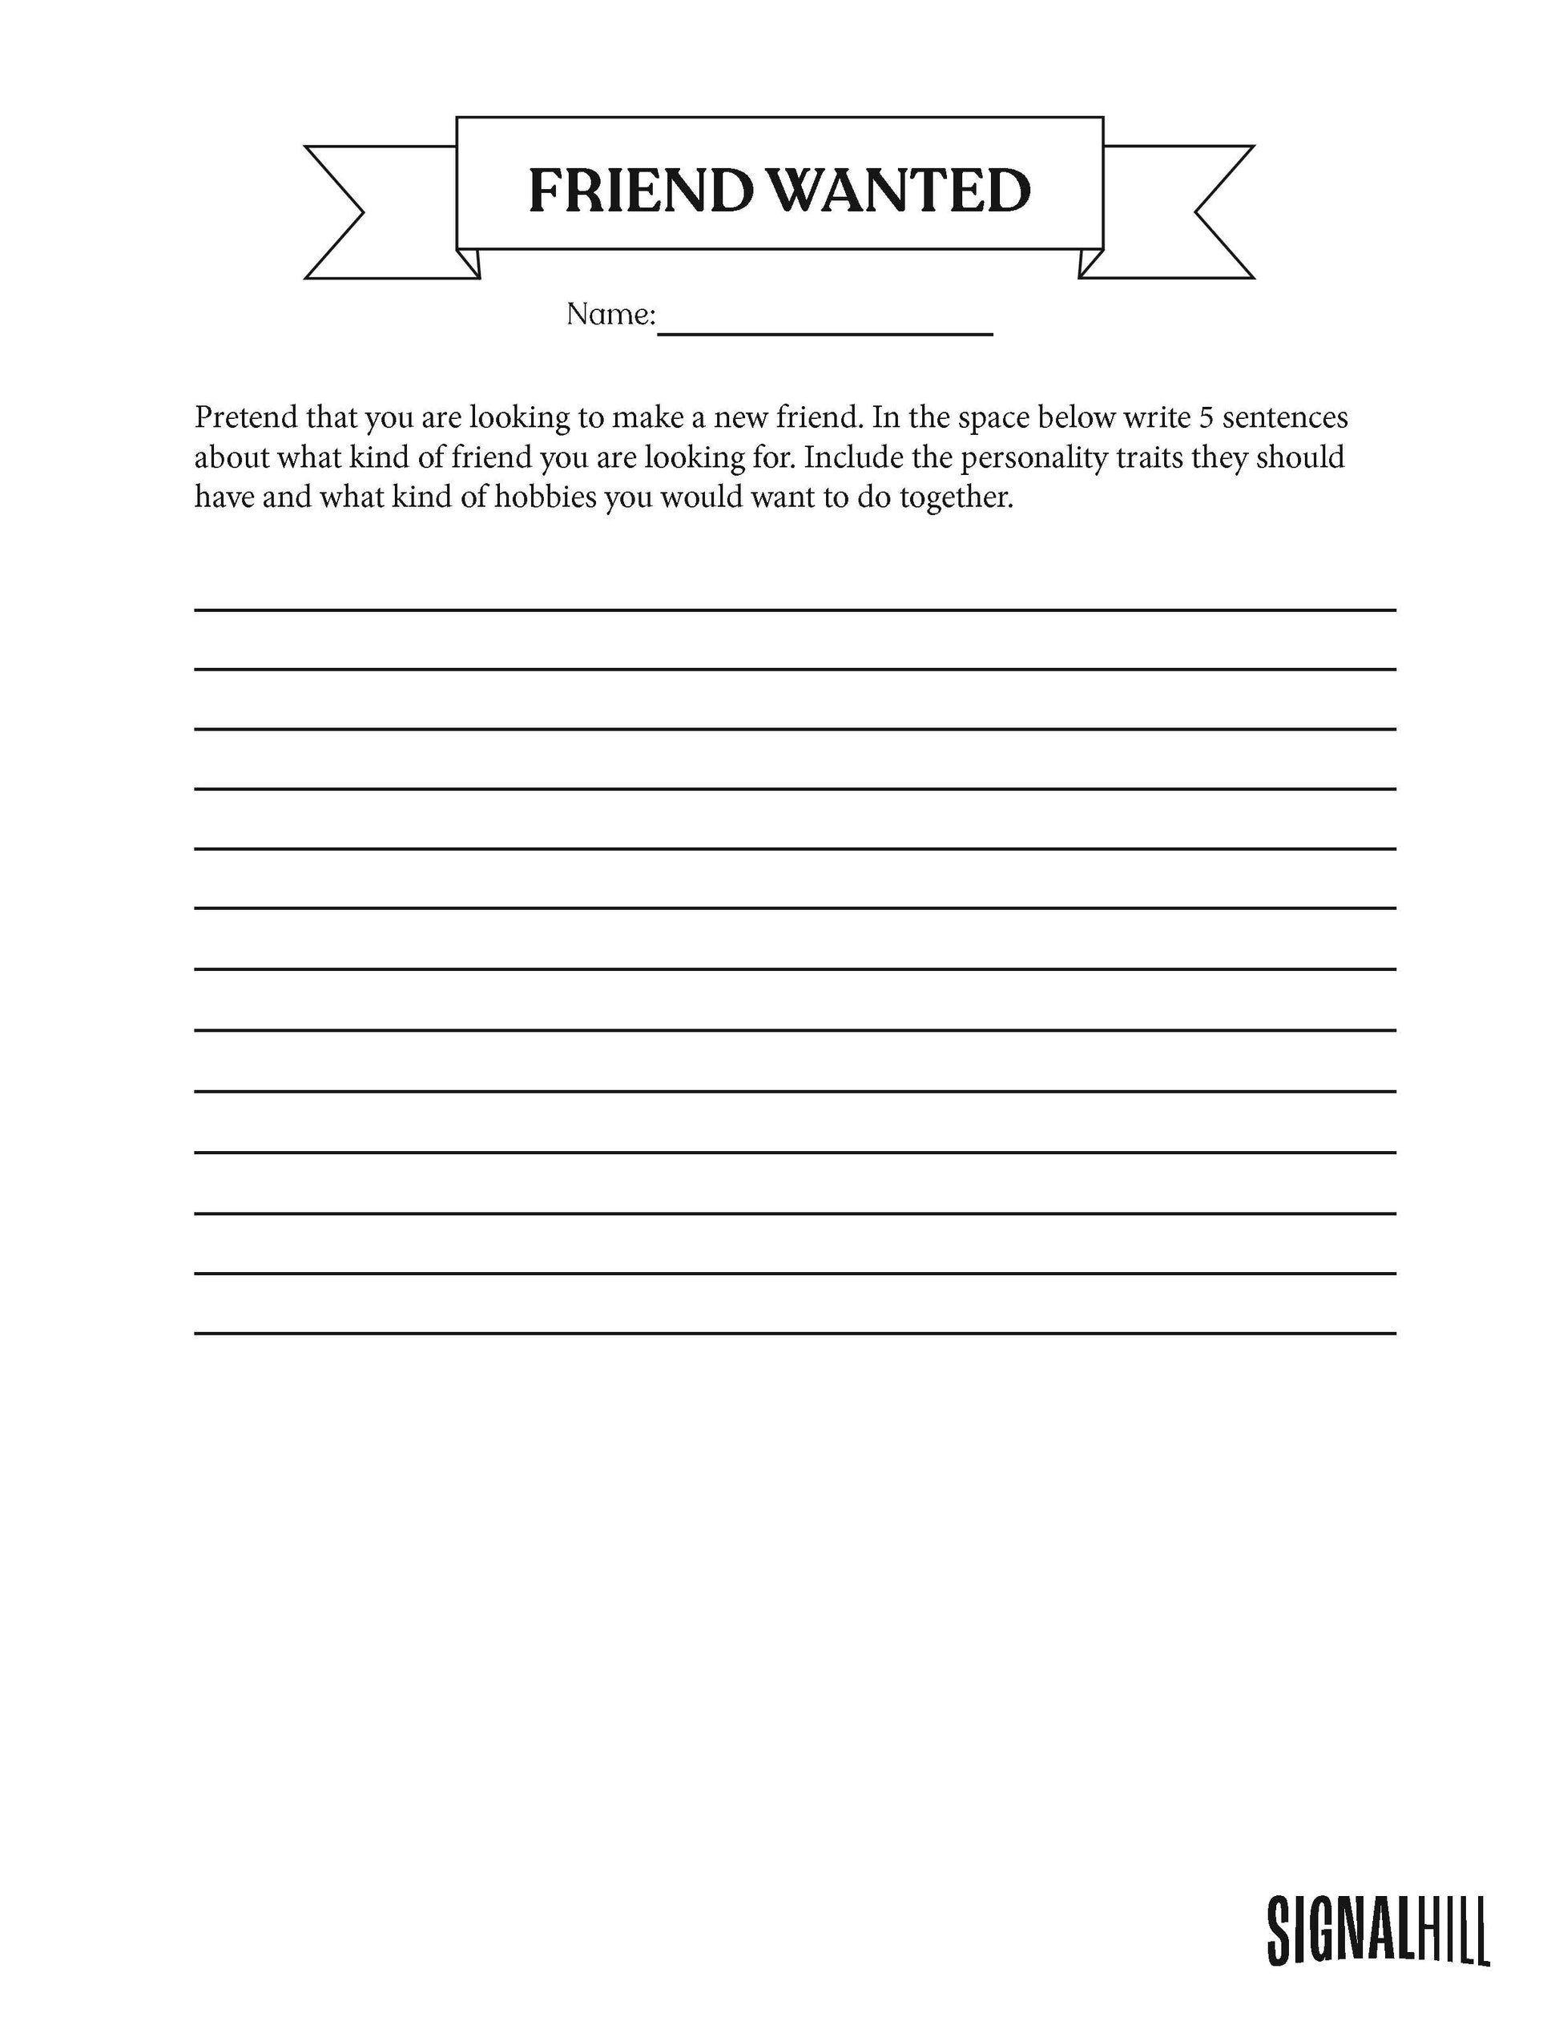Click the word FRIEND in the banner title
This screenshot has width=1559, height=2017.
(639, 191)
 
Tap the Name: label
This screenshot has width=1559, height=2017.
(610, 315)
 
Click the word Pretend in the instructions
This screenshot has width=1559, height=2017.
(246, 418)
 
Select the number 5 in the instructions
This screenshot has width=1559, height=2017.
(1205, 418)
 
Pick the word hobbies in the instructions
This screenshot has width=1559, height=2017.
(545, 497)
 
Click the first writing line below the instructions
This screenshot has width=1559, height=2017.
(794, 610)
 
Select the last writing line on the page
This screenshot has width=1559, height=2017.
(794, 1333)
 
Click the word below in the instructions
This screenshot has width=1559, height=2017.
(1076, 418)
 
